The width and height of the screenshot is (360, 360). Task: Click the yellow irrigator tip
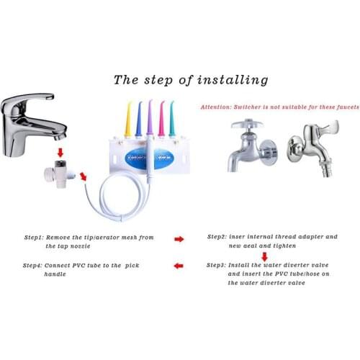pyautogui.click(x=127, y=120)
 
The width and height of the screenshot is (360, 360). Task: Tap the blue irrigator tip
pyautogui.click(x=139, y=120)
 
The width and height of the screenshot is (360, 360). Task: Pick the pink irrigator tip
pyautogui.click(x=161, y=120)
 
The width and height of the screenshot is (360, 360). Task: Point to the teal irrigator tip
pyautogui.click(x=171, y=120)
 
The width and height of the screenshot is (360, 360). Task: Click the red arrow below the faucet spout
pyautogui.click(x=60, y=153)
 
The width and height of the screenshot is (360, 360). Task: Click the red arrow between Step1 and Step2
pyautogui.click(x=179, y=239)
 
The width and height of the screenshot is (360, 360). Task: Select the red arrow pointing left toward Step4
pyautogui.click(x=179, y=266)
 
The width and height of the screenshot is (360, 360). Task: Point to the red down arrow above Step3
pyautogui.click(x=264, y=256)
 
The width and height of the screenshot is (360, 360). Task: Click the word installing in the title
pyautogui.click(x=233, y=80)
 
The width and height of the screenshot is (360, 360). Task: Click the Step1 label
pyautogui.click(x=34, y=238)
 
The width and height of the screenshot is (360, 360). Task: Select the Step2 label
pyautogui.click(x=217, y=237)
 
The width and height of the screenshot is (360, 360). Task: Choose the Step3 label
pyautogui.click(x=216, y=265)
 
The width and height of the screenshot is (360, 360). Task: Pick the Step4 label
pyautogui.click(x=32, y=266)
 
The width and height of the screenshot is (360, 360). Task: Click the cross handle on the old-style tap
pyautogui.click(x=247, y=125)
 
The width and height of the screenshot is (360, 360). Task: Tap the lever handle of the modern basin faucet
pyautogui.click(x=29, y=99)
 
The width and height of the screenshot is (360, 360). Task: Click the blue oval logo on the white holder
pyautogui.click(x=149, y=158)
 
